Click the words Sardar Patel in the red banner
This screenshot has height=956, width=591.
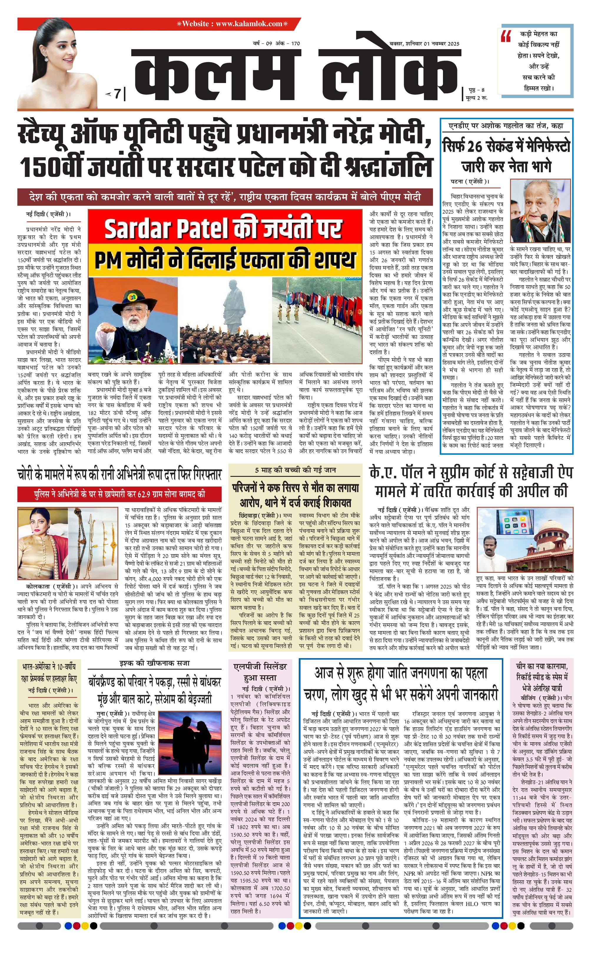[x=166, y=229]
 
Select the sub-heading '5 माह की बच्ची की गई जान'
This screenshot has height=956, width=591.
[x=295, y=470]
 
